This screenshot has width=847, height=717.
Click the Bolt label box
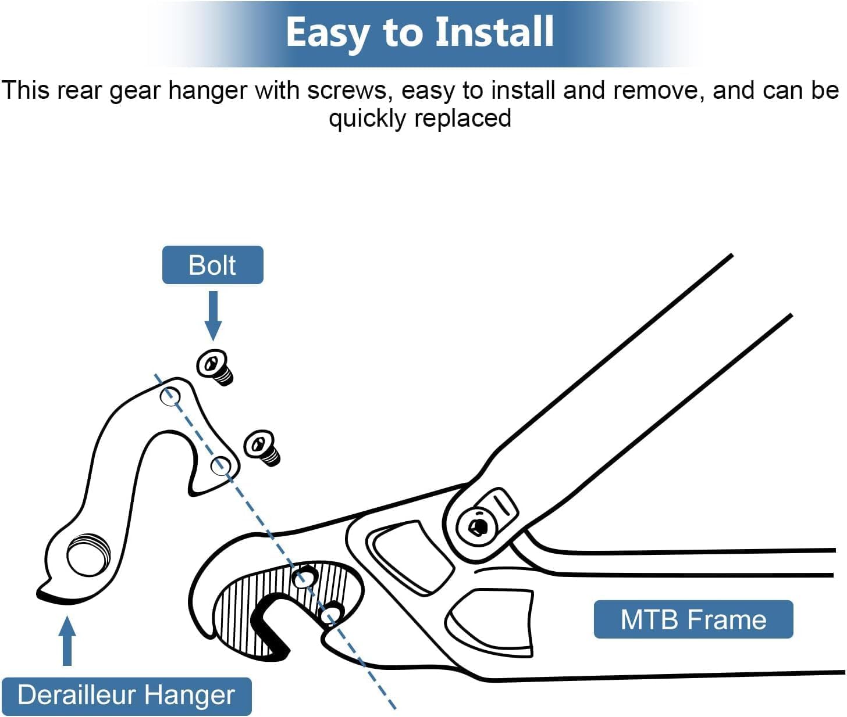213,265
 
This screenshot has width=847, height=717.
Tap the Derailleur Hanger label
127,695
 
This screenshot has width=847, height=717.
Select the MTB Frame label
693,619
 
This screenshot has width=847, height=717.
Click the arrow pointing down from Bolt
213,316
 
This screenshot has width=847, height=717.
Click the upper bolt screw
215,367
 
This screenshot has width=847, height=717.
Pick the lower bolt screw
262,448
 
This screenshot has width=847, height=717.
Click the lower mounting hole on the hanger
221,465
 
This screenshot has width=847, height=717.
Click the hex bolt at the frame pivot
477,527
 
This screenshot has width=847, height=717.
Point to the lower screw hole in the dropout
330,614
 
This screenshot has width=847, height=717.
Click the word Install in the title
494,32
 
